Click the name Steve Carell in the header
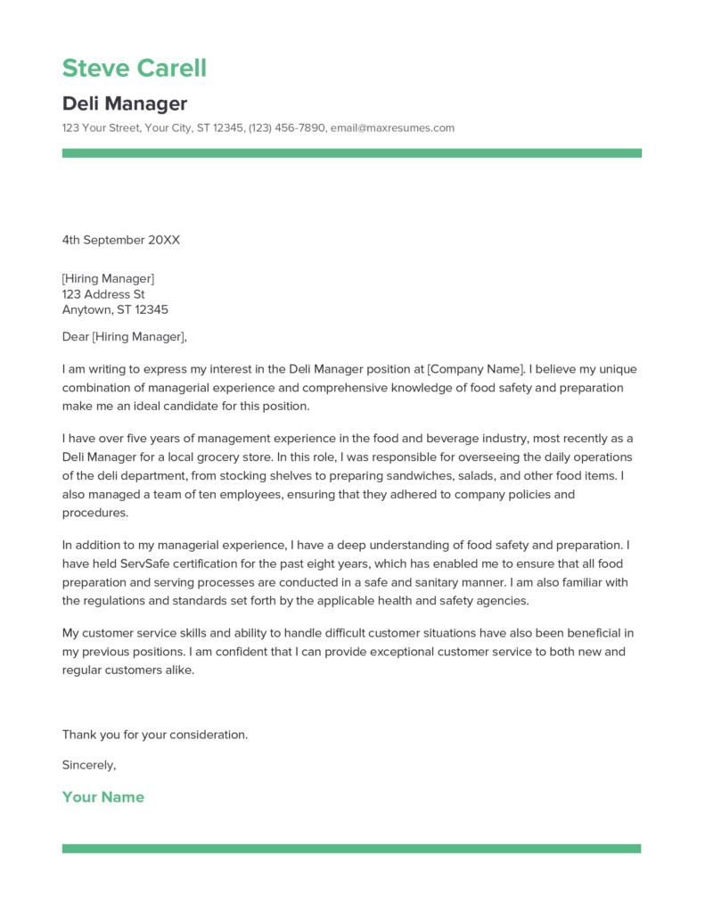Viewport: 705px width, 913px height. pos(134,68)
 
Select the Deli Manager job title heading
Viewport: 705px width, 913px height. pos(124,103)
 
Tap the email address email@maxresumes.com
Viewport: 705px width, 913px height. pos(392,128)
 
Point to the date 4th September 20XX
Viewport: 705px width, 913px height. pos(120,240)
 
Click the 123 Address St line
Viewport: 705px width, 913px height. pos(103,294)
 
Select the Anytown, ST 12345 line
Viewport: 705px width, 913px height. pos(115,310)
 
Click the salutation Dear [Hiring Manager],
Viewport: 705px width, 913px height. pos(124,337)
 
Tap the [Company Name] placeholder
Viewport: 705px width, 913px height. pos(473,368)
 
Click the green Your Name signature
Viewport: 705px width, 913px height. pos(102,797)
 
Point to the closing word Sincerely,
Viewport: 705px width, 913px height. pos(89,765)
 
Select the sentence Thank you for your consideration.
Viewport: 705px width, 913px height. pos(154,735)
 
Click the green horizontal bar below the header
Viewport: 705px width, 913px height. pos(351,153)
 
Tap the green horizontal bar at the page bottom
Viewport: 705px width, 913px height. pos(351,848)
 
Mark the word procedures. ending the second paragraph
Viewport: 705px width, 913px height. pos(95,513)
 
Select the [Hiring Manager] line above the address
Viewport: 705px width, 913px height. pos(108,278)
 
